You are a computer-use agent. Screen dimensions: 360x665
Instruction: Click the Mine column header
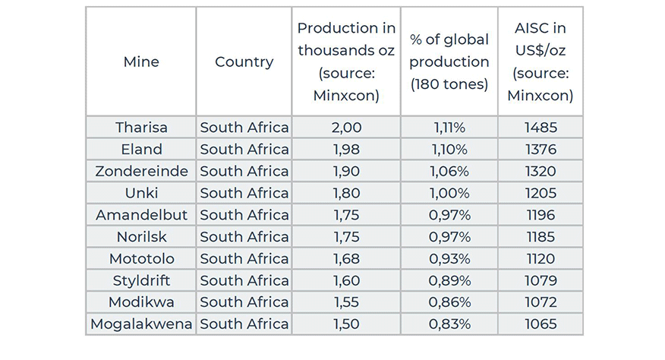[x=141, y=62]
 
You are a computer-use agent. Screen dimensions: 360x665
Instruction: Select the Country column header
[x=244, y=62]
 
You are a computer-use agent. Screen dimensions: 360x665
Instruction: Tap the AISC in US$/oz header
[x=540, y=62]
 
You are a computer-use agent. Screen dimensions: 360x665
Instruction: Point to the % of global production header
[x=449, y=62]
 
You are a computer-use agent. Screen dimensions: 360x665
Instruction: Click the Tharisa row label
[x=141, y=127]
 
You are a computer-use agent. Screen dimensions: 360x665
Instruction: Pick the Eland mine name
[x=141, y=149]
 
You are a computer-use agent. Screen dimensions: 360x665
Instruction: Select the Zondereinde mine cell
[x=141, y=171]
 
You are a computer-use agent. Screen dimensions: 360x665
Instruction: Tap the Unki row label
[x=141, y=193]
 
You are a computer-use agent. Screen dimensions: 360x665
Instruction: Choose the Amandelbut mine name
[x=141, y=215]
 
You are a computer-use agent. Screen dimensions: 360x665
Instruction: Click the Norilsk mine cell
[x=141, y=236]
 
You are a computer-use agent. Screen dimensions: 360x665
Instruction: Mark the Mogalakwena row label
[x=141, y=324]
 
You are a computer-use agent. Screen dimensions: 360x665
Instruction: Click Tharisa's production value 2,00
[x=346, y=127]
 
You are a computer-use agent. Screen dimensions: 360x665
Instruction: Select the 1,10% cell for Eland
[x=449, y=149]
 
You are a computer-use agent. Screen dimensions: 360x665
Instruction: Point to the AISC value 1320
[x=540, y=171]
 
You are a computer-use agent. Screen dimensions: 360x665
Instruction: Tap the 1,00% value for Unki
[x=449, y=193]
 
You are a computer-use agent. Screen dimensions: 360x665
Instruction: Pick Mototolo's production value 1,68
[x=346, y=258]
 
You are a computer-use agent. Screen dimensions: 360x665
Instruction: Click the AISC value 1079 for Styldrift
[x=540, y=280]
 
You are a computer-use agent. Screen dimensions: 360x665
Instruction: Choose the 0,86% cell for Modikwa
[x=449, y=302]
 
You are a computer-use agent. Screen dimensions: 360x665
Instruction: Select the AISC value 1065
[x=540, y=324]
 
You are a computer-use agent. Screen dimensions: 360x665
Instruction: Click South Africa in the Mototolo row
[x=244, y=258]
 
